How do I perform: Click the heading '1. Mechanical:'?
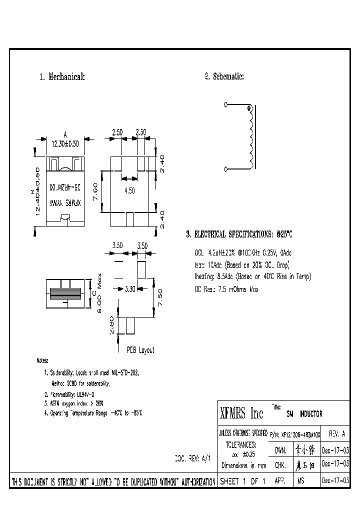62,77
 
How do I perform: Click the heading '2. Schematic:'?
224,76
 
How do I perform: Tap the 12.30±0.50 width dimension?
65,143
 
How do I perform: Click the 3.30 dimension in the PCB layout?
129,288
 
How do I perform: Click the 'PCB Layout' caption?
140,350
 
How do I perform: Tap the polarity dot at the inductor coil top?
248,108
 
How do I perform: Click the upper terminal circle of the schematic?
225,104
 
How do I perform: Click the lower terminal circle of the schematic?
225,170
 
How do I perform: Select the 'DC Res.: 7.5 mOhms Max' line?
226,289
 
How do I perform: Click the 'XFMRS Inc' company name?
242,413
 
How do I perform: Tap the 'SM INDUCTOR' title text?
304,414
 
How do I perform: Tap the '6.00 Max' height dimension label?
99,290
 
